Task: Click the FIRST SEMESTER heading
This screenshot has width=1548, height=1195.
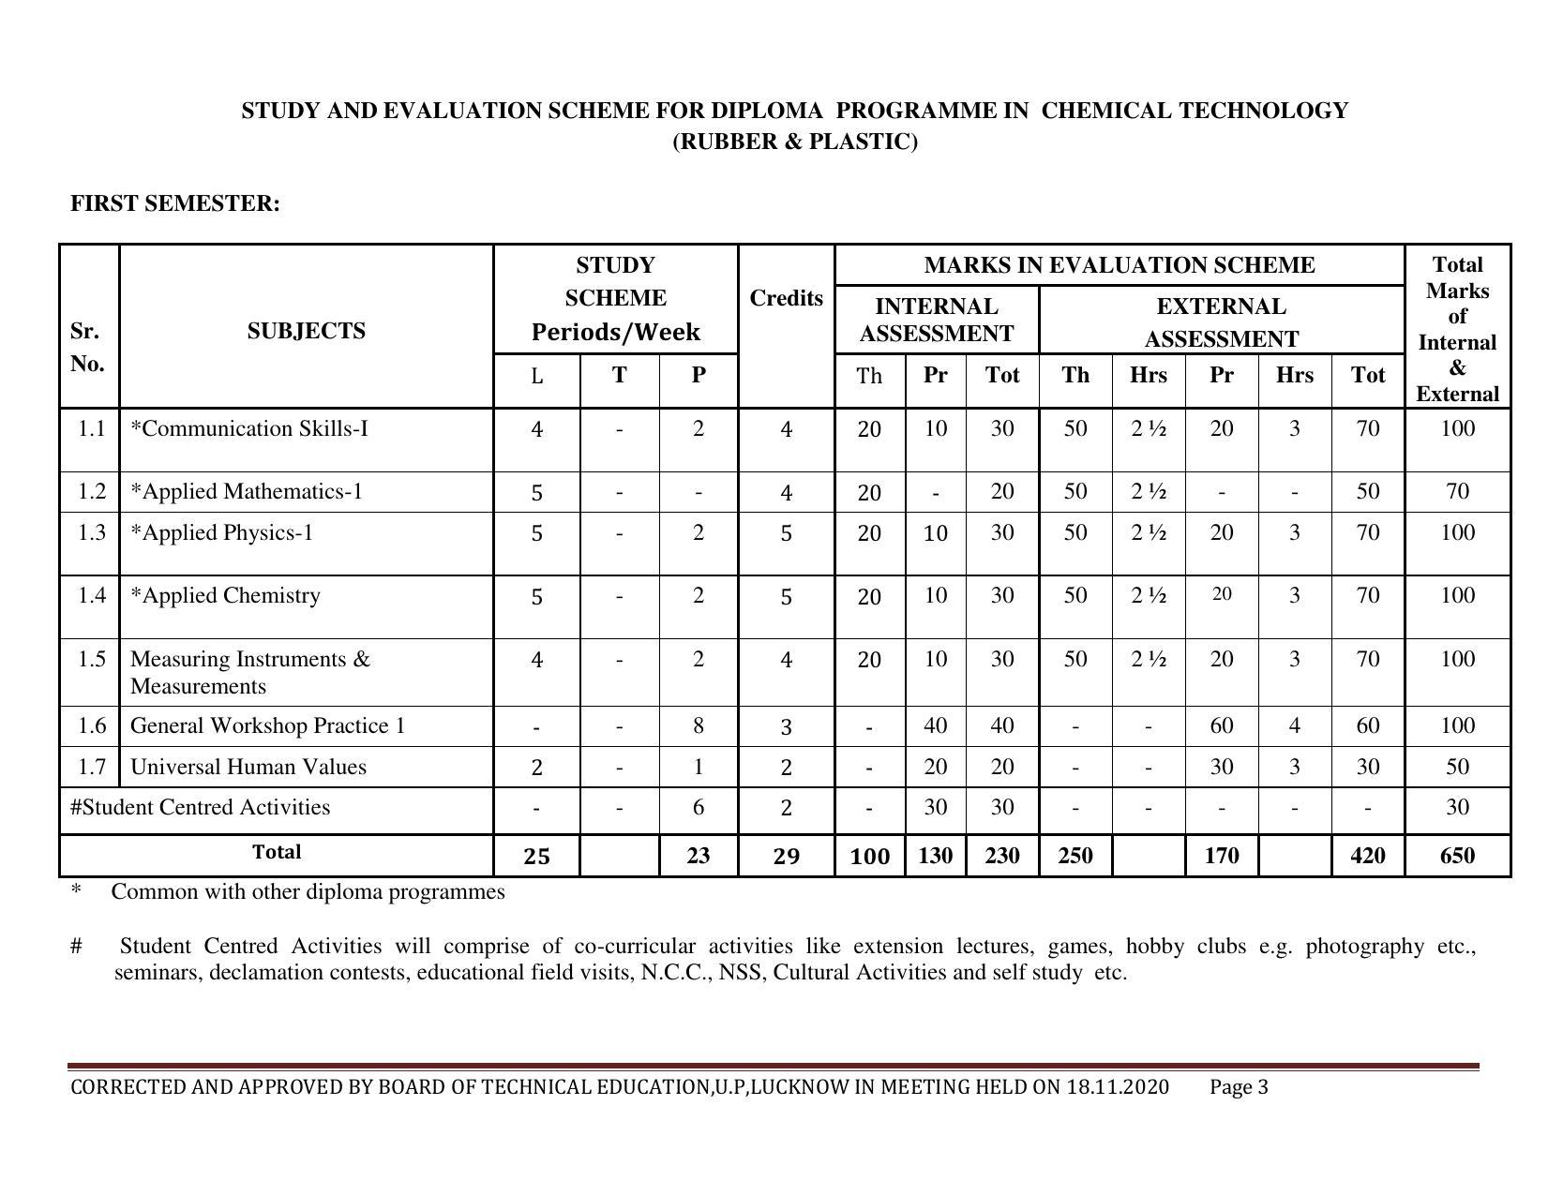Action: click(175, 204)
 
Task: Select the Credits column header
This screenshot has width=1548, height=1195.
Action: click(786, 298)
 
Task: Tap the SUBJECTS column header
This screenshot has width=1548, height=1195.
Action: click(306, 331)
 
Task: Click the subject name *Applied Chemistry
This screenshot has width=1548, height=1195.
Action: click(225, 596)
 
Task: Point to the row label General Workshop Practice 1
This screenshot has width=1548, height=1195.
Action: click(267, 726)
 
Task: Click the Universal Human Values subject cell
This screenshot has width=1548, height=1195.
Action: click(248, 768)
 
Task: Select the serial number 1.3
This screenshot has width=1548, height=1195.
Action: click(91, 533)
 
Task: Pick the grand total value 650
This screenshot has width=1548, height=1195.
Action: click(1456, 856)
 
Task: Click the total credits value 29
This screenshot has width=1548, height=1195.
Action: click(786, 857)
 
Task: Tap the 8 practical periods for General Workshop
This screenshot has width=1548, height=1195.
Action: click(698, 726)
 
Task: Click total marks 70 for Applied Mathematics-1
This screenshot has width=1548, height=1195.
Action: click(1456, 492)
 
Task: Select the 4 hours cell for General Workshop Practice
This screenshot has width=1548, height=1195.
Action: click(1294, 726)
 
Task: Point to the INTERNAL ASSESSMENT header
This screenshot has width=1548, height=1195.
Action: click(936, 320)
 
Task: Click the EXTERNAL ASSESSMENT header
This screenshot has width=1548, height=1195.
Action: click(1221, 321)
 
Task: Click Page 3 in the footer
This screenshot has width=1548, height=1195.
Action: click(1239, 1087)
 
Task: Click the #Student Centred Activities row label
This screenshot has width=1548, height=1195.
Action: click(200, 808)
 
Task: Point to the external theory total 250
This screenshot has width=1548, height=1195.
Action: click(1075, 856)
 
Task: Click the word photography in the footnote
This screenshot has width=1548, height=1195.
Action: click(1364, 947)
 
